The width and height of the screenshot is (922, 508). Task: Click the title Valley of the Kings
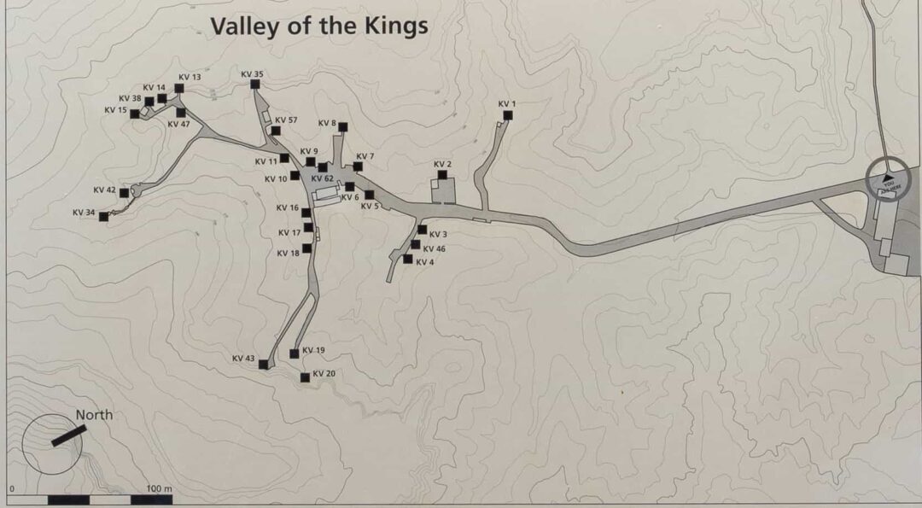click(319, 26)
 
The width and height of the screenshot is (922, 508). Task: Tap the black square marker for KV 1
click(508, 114)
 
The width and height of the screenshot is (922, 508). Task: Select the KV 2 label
click(442, 164)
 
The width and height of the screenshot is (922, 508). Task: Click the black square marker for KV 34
click(104, 217)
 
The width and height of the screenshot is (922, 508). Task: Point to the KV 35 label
click(252, 74)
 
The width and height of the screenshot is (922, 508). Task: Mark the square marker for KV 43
click(263, 365)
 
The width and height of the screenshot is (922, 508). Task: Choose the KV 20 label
click(324, 374)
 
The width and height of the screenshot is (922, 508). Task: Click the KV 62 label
click(323, 178)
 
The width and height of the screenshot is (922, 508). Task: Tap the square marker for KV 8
click(343, 127)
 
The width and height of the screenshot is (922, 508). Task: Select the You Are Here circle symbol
click(889, 179)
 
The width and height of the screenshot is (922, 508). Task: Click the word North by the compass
click(94, 416)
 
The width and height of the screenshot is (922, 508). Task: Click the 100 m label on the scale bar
click(160, 488)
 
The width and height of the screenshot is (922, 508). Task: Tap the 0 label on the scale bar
click(12, 488)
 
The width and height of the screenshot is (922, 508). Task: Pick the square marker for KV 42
click(125, 193)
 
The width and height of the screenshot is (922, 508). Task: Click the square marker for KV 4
click(408, 259)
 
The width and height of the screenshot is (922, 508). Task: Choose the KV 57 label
click(286, 120)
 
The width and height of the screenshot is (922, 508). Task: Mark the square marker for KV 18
click(307, 248)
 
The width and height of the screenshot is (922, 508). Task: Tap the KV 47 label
click(179, 125)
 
